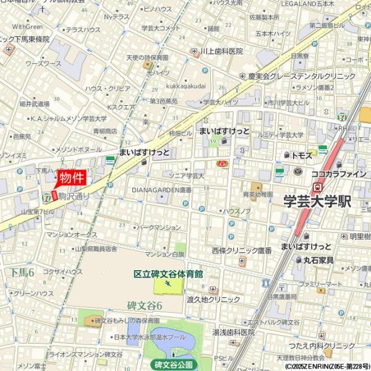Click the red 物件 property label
point(70,178)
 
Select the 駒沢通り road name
point(74,196)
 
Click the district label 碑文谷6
point(144,305)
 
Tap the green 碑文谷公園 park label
point(174,364)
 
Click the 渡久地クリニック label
point(213,299)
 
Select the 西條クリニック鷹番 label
point(242,250)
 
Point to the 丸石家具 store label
point(318,260)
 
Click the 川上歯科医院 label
point(222,51)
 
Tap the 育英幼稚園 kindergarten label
point(258,194)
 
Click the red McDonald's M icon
point(221,163)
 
